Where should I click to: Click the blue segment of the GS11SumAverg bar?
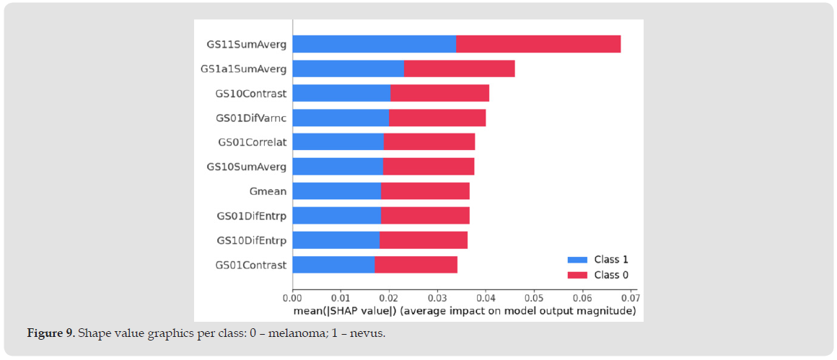click(x=374, y=44)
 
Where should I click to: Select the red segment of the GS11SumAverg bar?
click(x=538, y=44)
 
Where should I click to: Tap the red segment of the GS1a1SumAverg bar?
click(x=459, y=69)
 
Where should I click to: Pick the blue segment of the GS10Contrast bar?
click(x=341, y=93)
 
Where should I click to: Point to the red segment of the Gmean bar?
click(x=425, y=191)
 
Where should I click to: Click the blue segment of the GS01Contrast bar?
click(x=333, y=265)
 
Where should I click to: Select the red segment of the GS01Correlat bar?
click(x=429, y=142)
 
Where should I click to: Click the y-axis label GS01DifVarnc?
click(x=251, y=118)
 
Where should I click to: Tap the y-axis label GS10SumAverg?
click(x=246, y=167)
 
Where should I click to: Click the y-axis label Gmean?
click(x=267, y=191)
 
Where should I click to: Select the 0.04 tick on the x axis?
click(x=485, y=297)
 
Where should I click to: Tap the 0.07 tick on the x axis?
click(x=630, y=297)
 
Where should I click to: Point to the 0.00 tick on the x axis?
click(x=292, y=297)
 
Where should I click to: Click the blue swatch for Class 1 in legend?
click(x=578, y=260)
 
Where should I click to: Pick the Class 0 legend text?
click(x=610, y=275)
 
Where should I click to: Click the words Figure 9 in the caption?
click(x=51, y=333)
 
